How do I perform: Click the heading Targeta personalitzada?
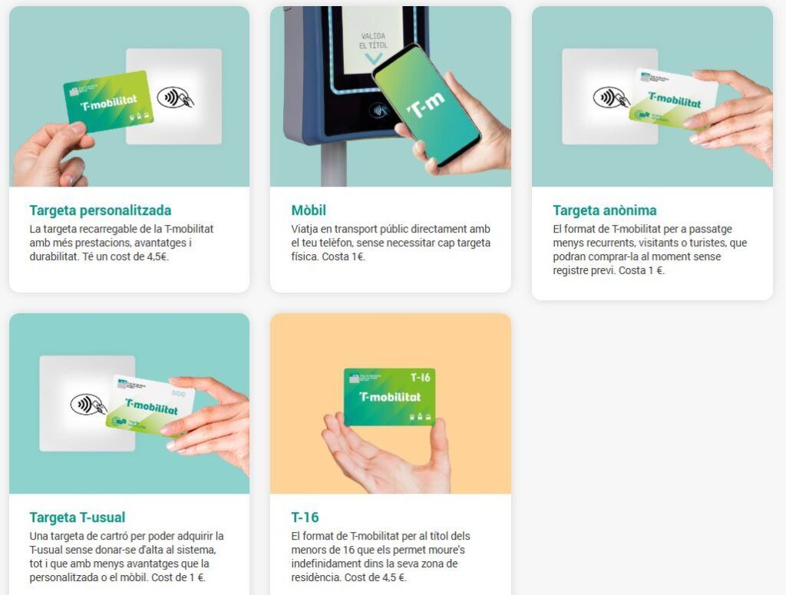pos(101,210)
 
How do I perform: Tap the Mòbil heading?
pos(309,210)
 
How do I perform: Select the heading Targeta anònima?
pos(605,210)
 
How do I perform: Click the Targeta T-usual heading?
pos(78,517)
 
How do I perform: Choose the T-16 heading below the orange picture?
pos(305,517)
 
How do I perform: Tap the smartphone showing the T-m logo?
pos(426,105)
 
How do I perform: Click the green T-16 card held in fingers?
pos(389,397)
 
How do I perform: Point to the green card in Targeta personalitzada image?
pos(108,102)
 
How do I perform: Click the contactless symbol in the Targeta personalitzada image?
pos(175,98)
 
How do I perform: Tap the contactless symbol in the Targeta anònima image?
pos(610,98)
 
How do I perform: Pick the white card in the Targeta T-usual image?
pos(150,406)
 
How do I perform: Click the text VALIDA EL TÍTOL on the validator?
pos(374,41)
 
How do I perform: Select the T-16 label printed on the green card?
pos(420,378)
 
